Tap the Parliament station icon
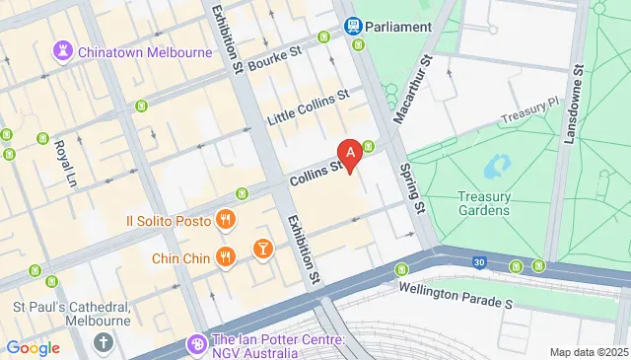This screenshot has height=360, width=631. (351, 27)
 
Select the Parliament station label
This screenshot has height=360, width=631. (398, 27)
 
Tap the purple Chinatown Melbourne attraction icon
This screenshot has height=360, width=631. (64, 49)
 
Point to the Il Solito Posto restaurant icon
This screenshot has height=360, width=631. (226, 220)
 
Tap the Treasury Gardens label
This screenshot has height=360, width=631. (484, 203)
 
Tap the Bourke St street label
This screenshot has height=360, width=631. (273, 61)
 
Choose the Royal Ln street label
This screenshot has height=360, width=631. (65, 161)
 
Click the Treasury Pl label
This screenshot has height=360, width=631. (528, 114)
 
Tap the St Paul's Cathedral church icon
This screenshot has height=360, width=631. (105, 342)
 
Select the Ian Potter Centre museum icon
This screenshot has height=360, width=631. (195, 344)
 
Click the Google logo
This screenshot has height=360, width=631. (33, 347)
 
